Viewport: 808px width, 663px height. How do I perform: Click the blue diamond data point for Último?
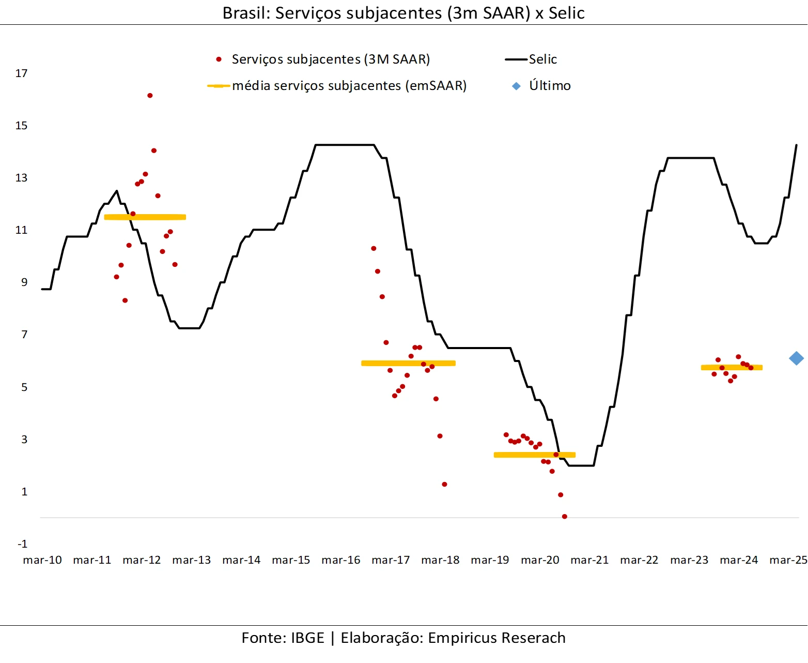[796, 358]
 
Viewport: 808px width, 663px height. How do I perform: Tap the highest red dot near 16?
[150, 96]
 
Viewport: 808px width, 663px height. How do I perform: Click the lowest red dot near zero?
[564, 517]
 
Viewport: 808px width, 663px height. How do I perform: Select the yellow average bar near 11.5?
[145, 217]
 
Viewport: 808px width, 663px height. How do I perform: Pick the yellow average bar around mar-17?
[408, 363]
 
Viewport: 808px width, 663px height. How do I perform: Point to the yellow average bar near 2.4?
[534, 455]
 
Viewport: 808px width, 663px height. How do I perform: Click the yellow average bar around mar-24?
[732, 368]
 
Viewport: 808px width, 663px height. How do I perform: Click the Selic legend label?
[542, 59]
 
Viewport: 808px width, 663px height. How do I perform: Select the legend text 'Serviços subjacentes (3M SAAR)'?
[331, 59]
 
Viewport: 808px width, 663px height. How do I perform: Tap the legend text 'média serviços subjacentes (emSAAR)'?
[349, 86]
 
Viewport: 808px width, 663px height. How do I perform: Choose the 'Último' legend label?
[550, 86]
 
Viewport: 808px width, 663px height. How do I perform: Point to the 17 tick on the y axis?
[21, 73]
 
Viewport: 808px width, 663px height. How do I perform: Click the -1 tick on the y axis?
[22, 544]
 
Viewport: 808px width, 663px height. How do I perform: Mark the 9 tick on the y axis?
[24, 282]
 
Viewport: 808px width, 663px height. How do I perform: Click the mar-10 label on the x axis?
[42, 560]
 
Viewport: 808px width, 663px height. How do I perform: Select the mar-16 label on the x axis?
[341, 560]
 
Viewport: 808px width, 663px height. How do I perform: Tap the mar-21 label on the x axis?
[589, 560]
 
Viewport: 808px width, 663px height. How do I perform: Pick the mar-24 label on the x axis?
[739, 560]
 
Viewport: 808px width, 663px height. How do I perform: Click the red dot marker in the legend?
[219, 59]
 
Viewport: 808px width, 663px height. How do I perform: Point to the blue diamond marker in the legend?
[516, 86]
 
